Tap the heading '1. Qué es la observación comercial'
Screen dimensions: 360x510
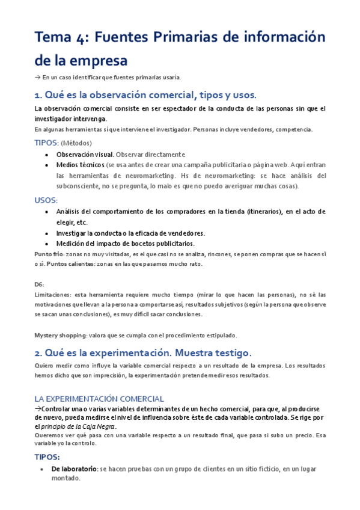click(x=145, y=95)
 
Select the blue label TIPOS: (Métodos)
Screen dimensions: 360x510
click(x=63, y=143)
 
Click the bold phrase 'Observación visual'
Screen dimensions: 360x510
click(x=85, y=155)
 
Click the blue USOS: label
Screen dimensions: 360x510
click(x=46, y=200)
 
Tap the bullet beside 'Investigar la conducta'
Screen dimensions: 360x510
click(x=47, y=233)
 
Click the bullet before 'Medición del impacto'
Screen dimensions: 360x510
click(x=47, y=244)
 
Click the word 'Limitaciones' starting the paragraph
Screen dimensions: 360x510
click(x=52, y=295)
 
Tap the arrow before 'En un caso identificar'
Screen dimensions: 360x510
click(x=37, y=77)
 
